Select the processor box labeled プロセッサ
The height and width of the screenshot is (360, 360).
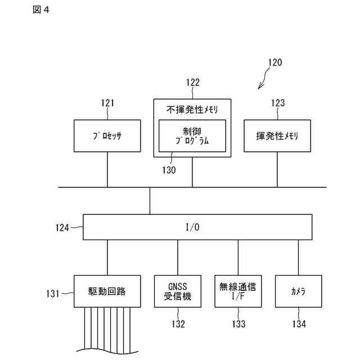(107, 136)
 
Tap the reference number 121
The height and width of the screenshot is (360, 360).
(107, 103)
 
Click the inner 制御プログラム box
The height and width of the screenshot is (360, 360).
(192, 136)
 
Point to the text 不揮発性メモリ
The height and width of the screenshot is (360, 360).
(192, 109)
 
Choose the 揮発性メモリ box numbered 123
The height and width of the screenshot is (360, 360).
(277, 136)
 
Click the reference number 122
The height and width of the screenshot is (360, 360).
(192, 83)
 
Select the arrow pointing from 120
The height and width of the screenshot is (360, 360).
(262, 83)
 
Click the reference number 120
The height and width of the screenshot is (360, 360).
(274, 62)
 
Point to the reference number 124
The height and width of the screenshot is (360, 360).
(62, 228)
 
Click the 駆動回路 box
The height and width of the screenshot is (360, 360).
(107, 291)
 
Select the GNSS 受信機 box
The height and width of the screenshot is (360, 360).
(178, 291)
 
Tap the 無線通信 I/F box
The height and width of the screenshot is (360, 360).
(238, 291)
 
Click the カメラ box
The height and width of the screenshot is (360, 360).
(298, 291)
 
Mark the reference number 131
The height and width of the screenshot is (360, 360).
(53, 292)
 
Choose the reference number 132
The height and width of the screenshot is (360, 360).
(178, 324)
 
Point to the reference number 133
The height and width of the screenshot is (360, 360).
(238, 324)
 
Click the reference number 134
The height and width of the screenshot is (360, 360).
(299, 324)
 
